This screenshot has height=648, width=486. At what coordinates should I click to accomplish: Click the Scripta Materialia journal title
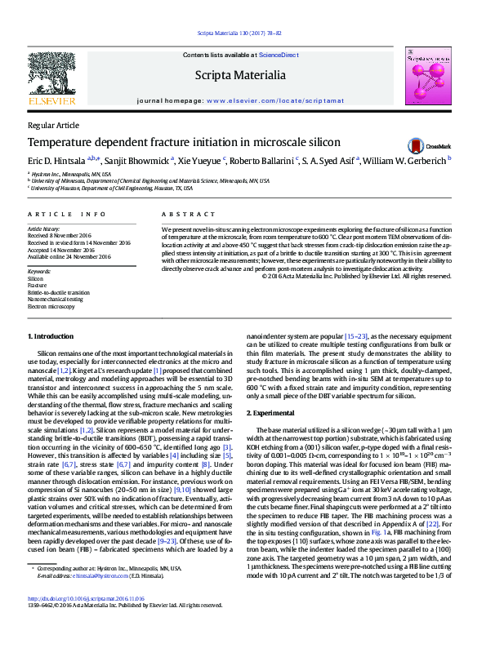click(239, 75)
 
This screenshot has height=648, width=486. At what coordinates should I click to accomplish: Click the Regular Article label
click(54, 125)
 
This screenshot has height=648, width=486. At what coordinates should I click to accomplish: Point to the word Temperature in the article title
click(60, 142)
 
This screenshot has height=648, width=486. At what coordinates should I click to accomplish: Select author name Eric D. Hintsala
click(56, 162)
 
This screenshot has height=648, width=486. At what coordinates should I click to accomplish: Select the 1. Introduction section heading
click(53, 336)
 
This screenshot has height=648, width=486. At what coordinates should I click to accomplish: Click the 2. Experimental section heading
click(273, 415)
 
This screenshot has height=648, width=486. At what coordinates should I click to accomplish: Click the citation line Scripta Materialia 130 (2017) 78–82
click(239, 33)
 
